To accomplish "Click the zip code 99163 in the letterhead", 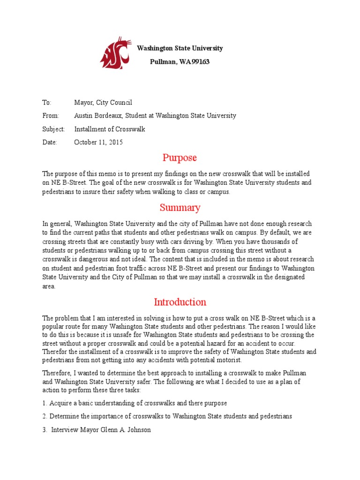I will click(x=201, y=62).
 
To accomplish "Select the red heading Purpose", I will click(x=180, y=157).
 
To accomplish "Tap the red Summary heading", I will click(x=180, y=207).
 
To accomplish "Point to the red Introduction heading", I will click(x=180, y=302).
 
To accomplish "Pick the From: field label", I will click(x=51, y=115).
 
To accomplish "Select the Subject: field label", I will click(x=53, y=129).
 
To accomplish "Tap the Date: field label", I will click(x=50, y=142).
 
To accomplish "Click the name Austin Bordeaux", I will click(x=97, y=115).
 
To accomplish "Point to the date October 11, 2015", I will click(x=98, y=142).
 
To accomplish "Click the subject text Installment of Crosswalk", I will click(x=110, y=129).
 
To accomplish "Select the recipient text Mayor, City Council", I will click(x=103, y=102).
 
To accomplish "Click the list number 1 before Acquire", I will click(x=45, y=403).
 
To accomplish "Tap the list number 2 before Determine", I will click(x=45, y=416).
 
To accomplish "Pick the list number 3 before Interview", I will click(x=45, y=429).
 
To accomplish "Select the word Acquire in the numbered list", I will click(x=61, y=403).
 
